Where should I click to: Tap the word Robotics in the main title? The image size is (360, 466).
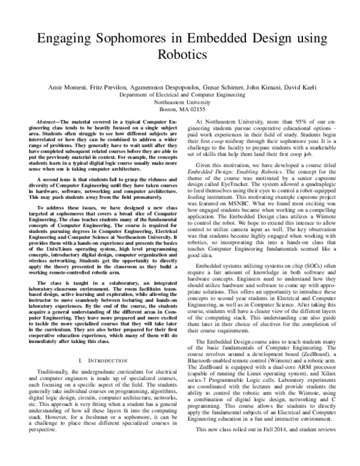(x=180, y=55)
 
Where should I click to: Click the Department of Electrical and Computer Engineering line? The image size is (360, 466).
(x=180, y=95)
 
